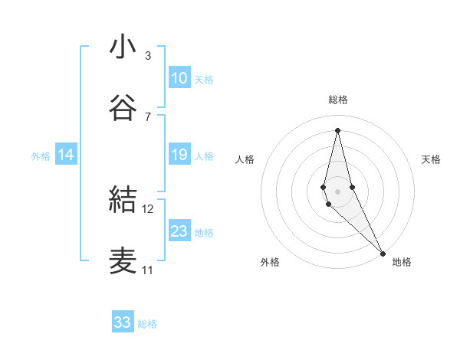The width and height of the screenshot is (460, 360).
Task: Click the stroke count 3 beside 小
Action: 147,56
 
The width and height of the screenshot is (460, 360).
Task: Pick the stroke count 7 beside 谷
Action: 147,116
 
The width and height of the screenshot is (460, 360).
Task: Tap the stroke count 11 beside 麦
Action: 147,270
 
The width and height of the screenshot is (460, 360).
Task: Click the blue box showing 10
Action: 179,78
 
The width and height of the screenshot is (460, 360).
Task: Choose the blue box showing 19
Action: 179,155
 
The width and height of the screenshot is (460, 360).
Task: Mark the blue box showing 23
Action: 179,231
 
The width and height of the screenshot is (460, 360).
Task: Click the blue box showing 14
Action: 66,155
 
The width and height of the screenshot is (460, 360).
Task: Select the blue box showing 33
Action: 123,322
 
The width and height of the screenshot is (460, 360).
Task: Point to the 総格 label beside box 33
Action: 147,324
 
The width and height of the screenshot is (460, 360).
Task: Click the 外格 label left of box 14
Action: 41,156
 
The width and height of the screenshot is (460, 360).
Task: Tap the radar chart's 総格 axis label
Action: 338,100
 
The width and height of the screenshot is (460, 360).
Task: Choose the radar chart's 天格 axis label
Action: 432,159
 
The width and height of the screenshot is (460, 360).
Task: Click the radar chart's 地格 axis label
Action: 402,262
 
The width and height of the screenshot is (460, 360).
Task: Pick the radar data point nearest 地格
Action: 383,252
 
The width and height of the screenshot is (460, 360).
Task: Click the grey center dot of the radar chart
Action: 338,191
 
